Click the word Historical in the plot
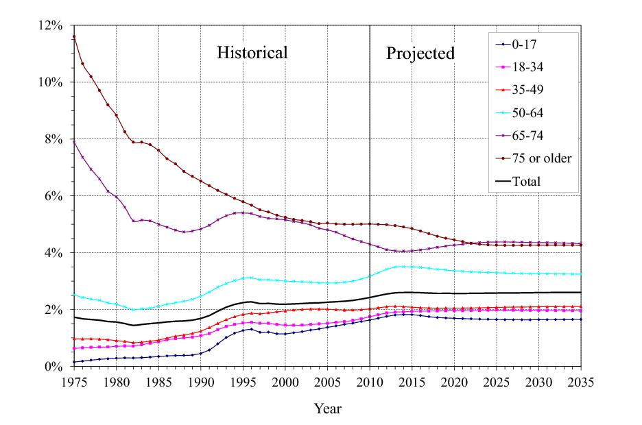[252, 53]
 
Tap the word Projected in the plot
[420, 53]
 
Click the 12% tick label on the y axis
[51, 25]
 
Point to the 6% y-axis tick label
[54, 196]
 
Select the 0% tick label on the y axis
[54, 367]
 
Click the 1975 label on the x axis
[73, 381]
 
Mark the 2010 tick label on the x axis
[370, 381]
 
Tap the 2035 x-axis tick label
[582, 381]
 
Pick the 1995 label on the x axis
[243, 381]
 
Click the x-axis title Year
[327, 409]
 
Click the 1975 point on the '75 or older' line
[73, 36]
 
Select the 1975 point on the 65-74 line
[73, 141]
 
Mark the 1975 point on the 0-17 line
[73, 362]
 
